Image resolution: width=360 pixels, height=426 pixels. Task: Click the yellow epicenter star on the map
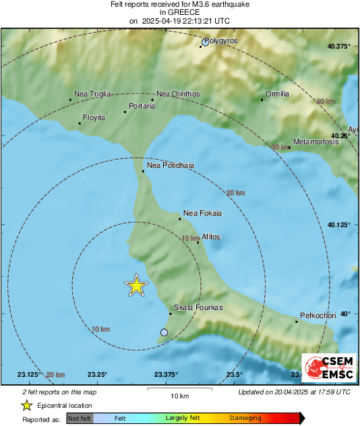(x=137, y=286)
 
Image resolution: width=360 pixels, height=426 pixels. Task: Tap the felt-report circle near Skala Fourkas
(x=164, y=332)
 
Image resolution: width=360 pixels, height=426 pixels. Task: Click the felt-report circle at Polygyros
(x=205, y=43)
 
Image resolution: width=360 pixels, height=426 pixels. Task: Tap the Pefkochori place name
(x=318, y=315)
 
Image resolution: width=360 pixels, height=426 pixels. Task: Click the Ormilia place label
(x=278, y=94)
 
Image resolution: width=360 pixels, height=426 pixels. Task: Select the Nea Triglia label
(x=92, y=94)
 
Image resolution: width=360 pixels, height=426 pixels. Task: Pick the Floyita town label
(x=94, y=117)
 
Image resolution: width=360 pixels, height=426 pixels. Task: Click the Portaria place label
(x=142, y=106)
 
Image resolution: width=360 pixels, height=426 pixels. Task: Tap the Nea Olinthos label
(x=177, y=94)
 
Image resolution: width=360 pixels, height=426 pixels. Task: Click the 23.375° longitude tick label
(x=166, y=375)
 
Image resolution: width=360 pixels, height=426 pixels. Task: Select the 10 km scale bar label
(x=179, y=395)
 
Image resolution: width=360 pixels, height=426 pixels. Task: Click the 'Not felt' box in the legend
(x=79, y=418)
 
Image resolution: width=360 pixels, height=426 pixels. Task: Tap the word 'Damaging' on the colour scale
(x=245, y=418)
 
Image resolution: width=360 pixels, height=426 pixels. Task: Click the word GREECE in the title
(x=179, y=12)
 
